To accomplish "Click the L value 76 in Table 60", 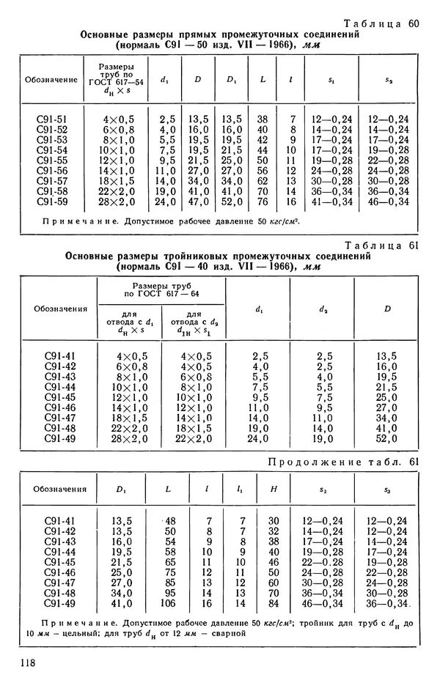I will coord(262,202).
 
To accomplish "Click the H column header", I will coord(274,489).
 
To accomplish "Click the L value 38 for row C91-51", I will coord(262,119).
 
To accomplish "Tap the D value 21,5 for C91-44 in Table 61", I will coord(386,386).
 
